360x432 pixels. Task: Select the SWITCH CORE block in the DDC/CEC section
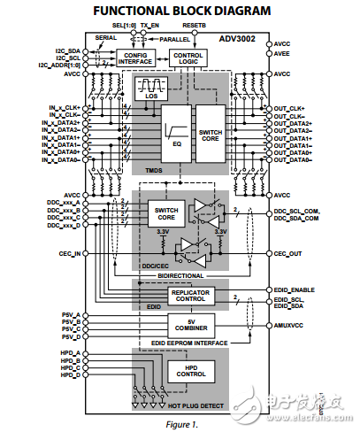coord(166,213)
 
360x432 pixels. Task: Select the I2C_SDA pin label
coord(65,50)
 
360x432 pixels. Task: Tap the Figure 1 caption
coord(180,423)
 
